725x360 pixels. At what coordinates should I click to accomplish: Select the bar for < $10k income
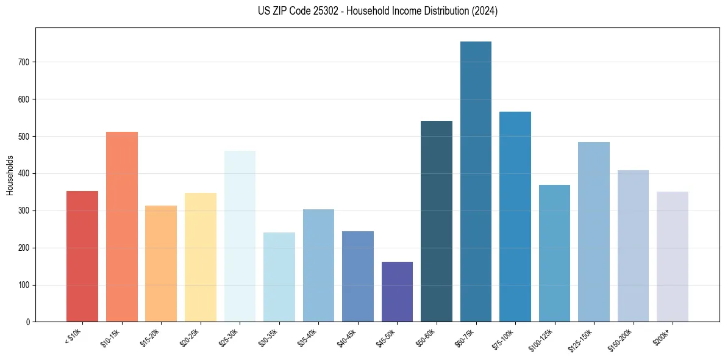point(82,256)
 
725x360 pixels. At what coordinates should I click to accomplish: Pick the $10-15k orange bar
point(122,226)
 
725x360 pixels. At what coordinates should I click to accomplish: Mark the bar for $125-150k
point(594,232)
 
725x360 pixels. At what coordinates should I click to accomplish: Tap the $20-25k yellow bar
point(201,257)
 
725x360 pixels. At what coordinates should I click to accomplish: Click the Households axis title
point(10,175)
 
